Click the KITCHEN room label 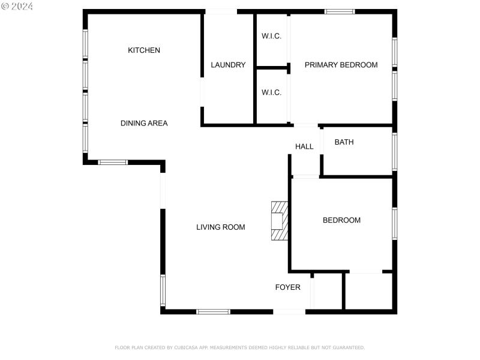(x=144, y=50)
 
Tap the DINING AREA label (x=144, y=124)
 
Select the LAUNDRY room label (x=228, y=65)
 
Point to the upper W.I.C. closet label (x=271, y=36)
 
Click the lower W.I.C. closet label (x=271, y=92)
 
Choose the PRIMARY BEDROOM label (x=341, y=65)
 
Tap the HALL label (x=304, y=146)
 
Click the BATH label (x=344, y=142)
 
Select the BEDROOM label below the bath (x=341, y=220)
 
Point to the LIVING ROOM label (x=221, y=227)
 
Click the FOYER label (x=288, y=287)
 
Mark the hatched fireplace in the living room (x=279, y=221)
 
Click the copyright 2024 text (x=17, y=6)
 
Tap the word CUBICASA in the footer (x=184, y=347)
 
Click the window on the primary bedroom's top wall (x=340, y=11)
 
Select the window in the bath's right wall (x=394, y=152)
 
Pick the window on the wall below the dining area (x=113, y=162)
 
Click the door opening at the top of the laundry (x=221, y=11)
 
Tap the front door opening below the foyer (x=289, y=311)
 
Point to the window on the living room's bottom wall (x=213, y=311)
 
